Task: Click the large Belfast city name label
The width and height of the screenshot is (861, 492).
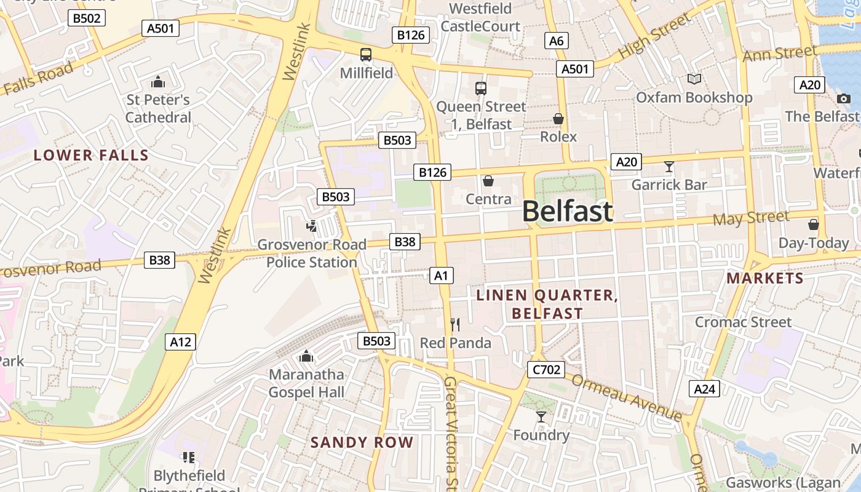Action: click(567, 212)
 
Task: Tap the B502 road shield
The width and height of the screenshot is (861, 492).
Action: click(86, 18)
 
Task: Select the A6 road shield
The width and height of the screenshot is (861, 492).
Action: click(556, 41)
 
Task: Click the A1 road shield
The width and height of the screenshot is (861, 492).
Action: click(441, 275)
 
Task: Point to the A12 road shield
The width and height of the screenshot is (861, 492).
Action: click(180, 341)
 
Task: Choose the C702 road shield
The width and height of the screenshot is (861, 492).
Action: click(546, 369)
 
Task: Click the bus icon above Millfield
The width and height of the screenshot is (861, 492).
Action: click(366, 55)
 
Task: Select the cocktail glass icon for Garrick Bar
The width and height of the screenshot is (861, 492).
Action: click(669, 167)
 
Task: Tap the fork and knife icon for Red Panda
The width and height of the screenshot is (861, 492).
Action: click(455, 324)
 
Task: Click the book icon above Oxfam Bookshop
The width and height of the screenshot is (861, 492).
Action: click(694, 79)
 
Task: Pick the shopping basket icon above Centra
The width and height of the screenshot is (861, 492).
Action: click(488, 181)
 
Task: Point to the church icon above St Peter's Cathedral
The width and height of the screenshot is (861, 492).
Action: click(158, 82)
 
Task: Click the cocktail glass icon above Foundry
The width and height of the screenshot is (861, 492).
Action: click(541, 417)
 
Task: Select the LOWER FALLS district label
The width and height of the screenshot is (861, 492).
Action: click(91, 155)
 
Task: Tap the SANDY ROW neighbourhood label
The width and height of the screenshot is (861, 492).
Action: click(362, 442)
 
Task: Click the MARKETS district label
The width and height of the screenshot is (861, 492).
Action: click(765, 278)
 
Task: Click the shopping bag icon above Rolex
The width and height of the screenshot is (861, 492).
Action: click(558, 119)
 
